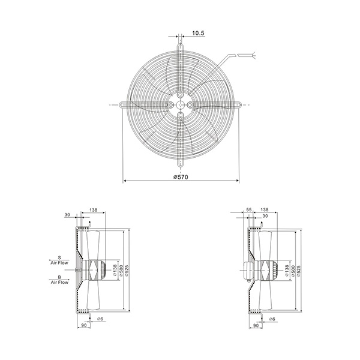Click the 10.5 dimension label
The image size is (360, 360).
[x=198, y=33]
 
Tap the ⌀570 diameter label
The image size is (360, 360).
[x=181, y=177]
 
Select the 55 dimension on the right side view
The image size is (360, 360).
[x=249, y=209]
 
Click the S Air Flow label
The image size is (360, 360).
[x=59, y=260]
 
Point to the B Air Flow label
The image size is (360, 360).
[x=59, y=280]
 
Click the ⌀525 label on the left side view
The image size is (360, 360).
[x=127, y=271]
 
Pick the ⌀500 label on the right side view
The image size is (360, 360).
[x=293, y=271]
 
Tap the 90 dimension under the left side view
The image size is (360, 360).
[x=84, y=325]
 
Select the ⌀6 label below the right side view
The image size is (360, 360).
[x=272, y=319]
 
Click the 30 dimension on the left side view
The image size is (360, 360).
[x=67, y=215]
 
